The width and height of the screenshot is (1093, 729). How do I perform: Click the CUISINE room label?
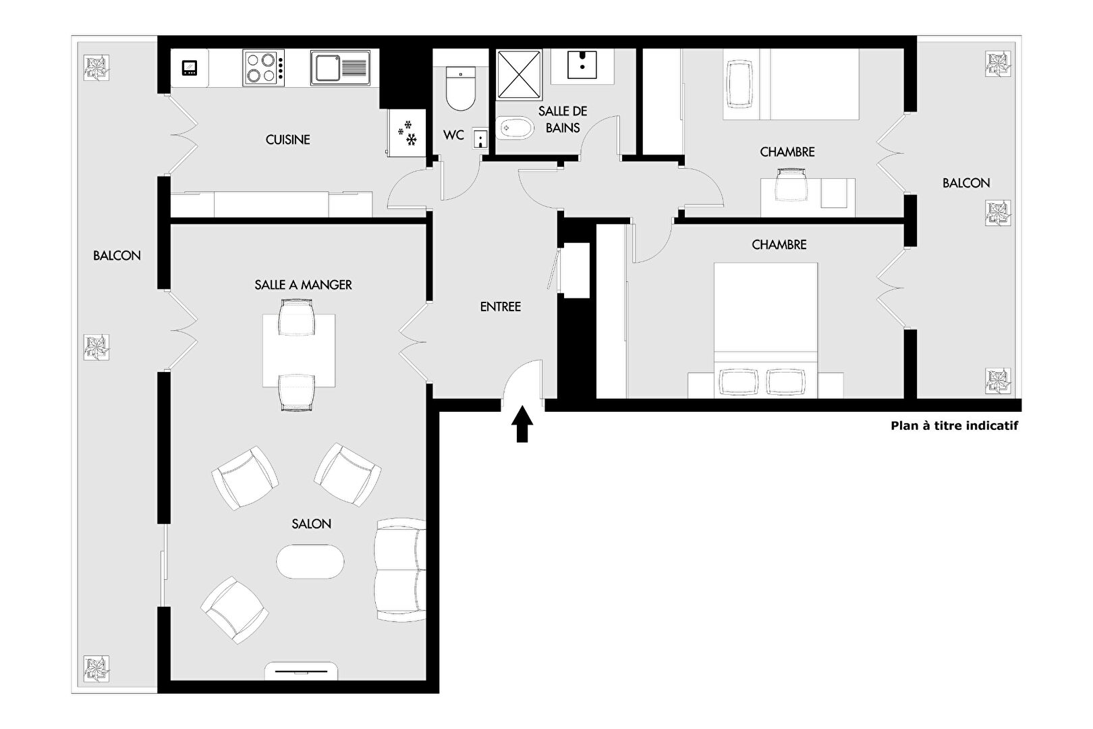coord(288,140)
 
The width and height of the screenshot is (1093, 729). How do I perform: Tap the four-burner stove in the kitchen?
coord(264,68)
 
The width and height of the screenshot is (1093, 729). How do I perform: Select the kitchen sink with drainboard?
coord(341,67)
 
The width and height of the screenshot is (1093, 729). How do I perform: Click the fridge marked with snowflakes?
coord(406,133)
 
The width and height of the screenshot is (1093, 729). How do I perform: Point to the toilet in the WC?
coord(461,88)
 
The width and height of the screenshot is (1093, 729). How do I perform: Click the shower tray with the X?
coord(520,74)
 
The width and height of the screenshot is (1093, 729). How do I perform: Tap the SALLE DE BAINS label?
coord(563,119)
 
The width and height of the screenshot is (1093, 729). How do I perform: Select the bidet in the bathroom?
coord(515,128)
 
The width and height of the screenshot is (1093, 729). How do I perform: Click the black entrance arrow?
coord(522,424)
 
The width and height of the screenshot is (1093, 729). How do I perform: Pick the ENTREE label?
coord(501,306)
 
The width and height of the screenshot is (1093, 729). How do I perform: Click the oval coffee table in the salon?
coord(310,562)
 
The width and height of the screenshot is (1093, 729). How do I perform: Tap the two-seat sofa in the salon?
coord(400,570)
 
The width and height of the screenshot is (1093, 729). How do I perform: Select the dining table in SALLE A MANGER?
coord(299,350)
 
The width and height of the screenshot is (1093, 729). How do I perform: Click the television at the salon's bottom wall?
coord(301,672)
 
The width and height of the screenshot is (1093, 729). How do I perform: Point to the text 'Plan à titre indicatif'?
coord(955,426)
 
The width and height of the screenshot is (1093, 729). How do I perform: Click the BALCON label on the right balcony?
coord(966,183)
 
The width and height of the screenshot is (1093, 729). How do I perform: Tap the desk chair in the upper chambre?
coord(791,184)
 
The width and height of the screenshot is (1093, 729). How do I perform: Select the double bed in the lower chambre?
coord(766,331)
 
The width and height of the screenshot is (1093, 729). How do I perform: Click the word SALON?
coord(311,524)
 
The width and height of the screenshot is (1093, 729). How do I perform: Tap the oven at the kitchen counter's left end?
coord(190,68)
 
